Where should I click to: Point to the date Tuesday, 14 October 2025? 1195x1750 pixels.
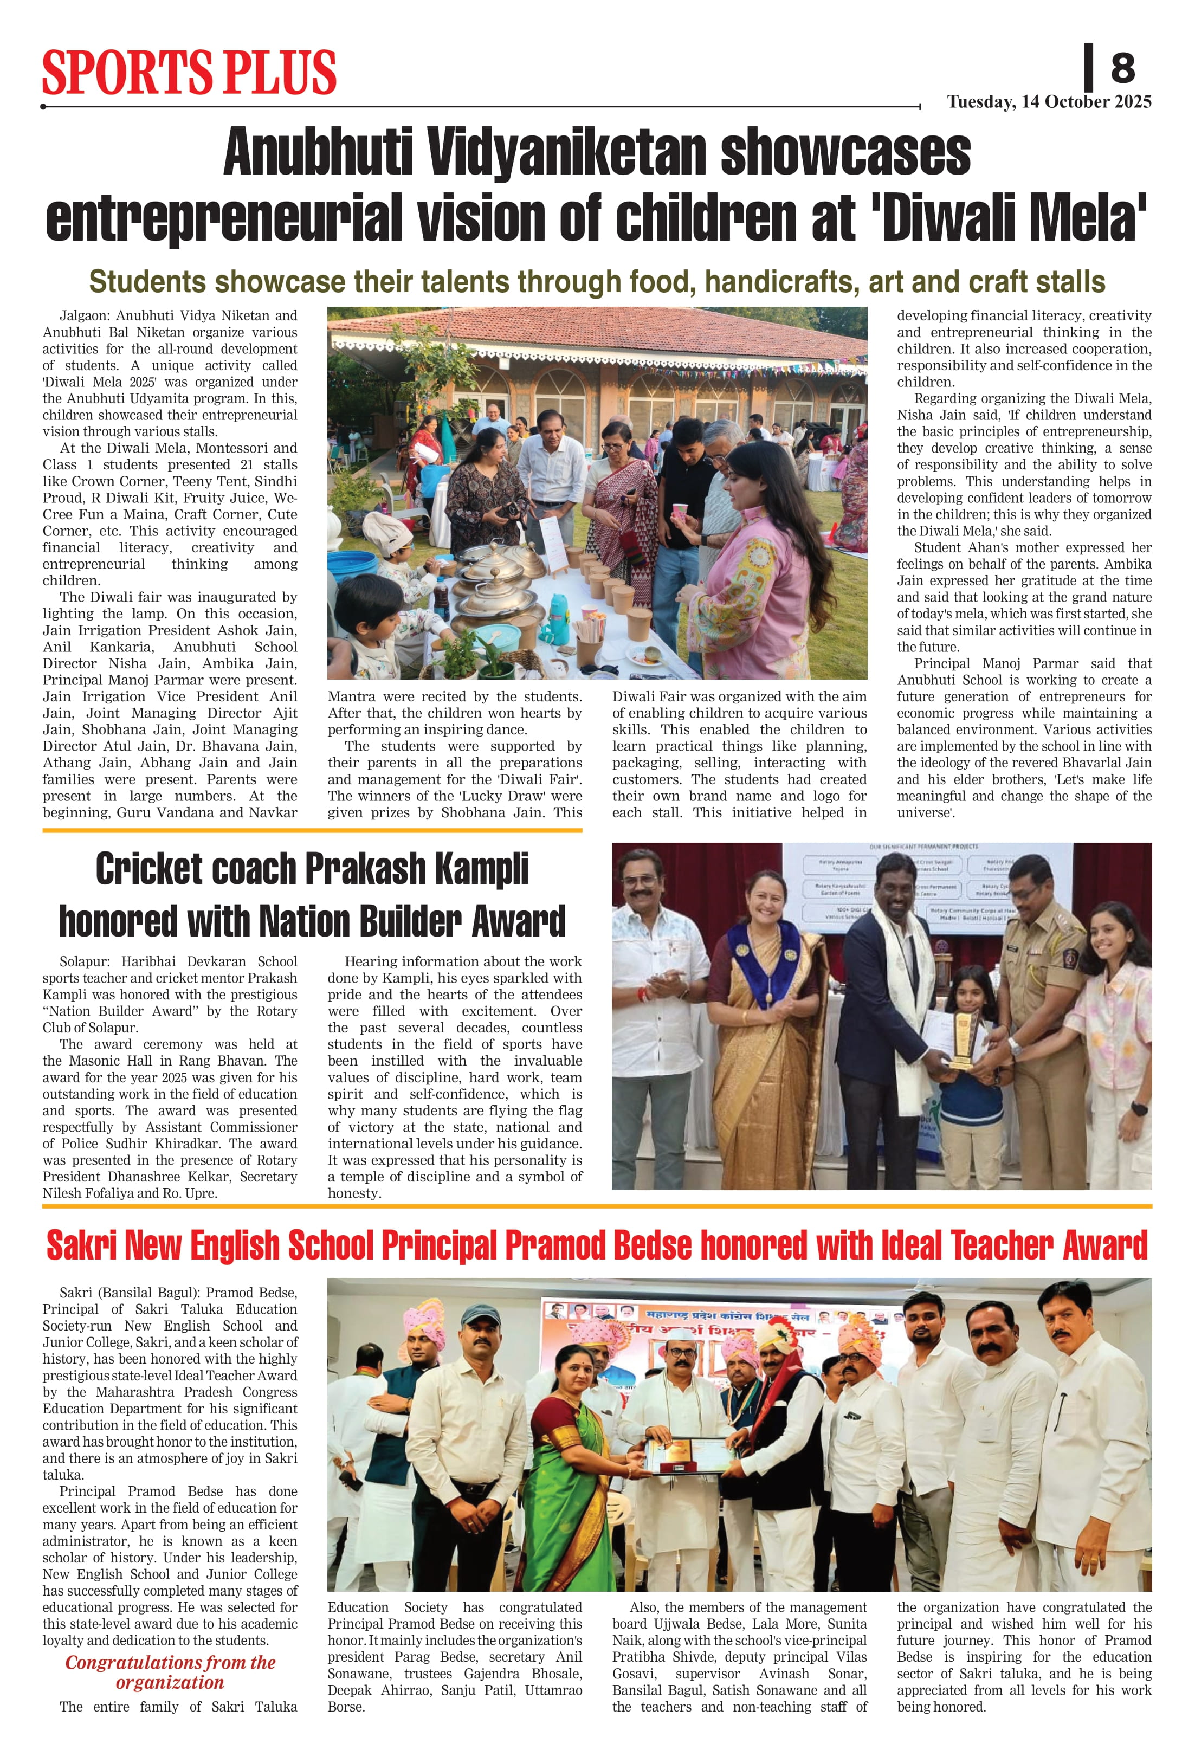pyautogui.click(x=1049, y=102)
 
